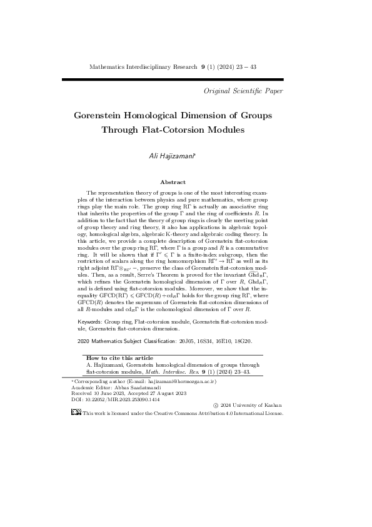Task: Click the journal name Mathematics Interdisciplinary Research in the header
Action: (x=143, y=66)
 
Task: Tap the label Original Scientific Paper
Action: (x=244, y=91)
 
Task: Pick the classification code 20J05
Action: (x=188, y=342)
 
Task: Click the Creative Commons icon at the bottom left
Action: (x=76, y=413)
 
